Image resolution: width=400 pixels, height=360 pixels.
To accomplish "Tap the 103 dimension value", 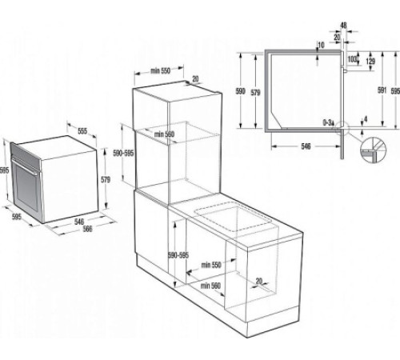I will tap(352, 60).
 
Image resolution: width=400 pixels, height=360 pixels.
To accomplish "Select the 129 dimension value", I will tap(370, 61).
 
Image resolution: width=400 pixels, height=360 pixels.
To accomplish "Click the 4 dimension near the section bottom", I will tap(366, 121).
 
